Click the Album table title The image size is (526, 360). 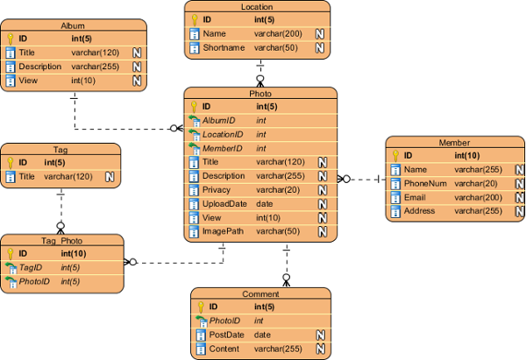(x=73, y=26)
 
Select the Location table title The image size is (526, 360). (x=257, y=7)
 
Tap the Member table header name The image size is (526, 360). (x=454, y=143)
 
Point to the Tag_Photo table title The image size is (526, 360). (x=60, y=240)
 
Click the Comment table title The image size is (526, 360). (x=260, y=294)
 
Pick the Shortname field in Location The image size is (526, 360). (x=223, y=47)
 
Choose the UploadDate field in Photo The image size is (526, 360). (x=224, y=203)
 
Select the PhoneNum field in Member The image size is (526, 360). (x=425, y=183)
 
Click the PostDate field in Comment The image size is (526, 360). (x=226, y=335)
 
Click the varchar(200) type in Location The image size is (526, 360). (x=277, y=33)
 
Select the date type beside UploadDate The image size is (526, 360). (x=264, y=203)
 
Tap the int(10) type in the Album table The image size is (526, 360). (x=85, y=81)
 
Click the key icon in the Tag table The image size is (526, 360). (x=11, y=163)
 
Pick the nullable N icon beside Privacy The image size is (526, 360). (x=323, y=190)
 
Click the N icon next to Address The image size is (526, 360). (x=520, y=211)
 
